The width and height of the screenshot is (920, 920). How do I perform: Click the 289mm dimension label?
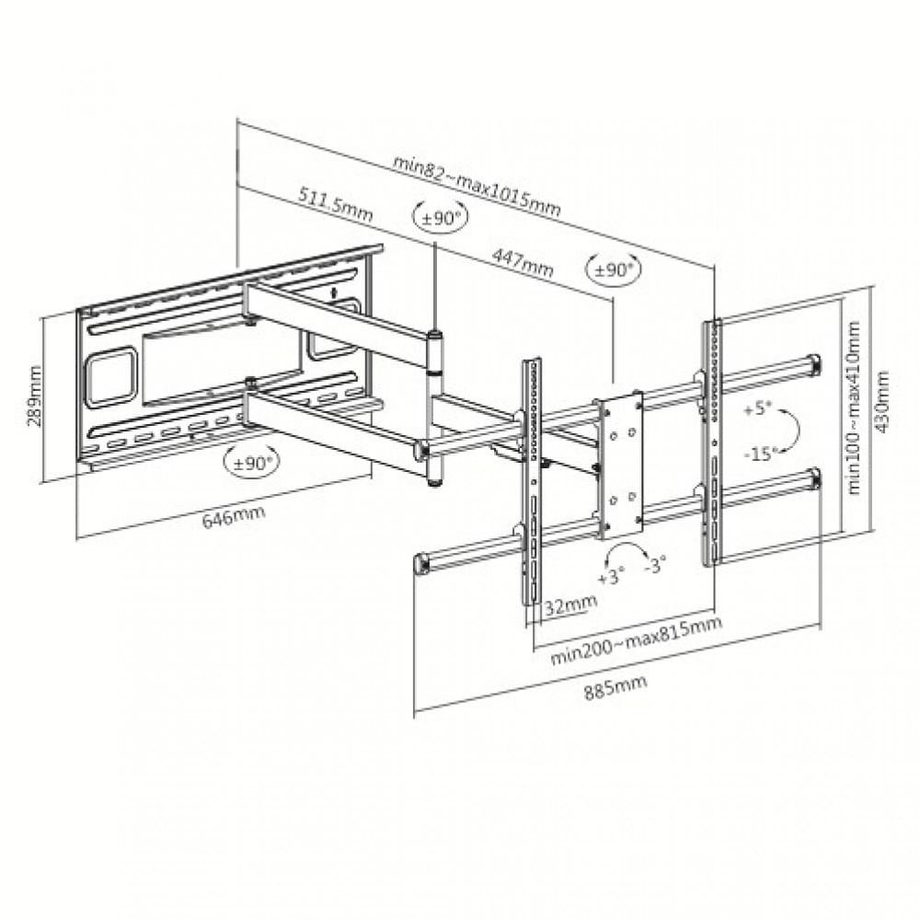[35, 396]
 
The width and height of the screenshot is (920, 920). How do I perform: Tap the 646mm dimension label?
[234, 516]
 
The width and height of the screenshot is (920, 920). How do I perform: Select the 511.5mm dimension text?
[336, 203]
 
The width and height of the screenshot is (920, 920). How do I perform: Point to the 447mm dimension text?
[523, 262]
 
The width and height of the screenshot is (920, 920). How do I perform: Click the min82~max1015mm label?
[477, 186]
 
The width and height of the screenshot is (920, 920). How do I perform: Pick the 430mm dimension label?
[882, 402]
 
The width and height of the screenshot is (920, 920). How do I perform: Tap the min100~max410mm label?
[854, 408]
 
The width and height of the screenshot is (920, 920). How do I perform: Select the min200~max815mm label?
[636, 640]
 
